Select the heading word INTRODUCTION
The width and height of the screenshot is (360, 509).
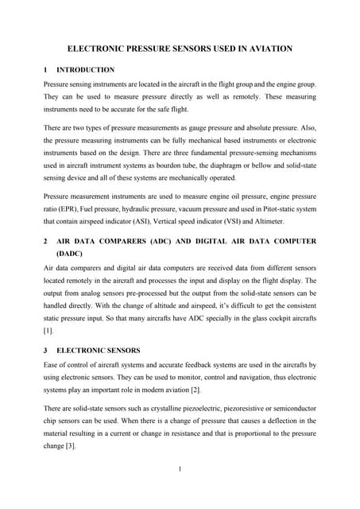86,70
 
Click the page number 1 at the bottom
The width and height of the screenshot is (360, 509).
180,468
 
